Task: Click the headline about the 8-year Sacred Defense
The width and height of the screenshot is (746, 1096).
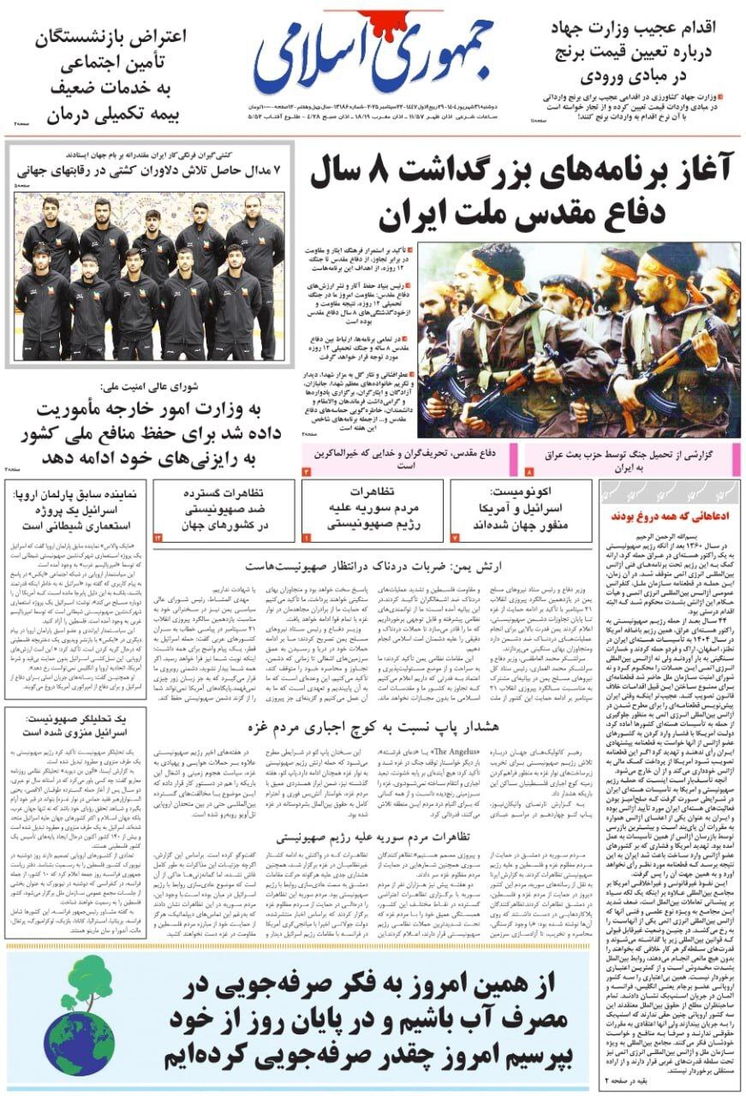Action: click(x=524, y=194)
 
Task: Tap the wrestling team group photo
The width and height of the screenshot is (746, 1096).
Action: click(x=149, y=274)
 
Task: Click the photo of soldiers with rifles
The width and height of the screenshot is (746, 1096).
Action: click(x=579, y=339)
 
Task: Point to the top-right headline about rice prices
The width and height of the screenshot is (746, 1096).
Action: click(x=635, y=51)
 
